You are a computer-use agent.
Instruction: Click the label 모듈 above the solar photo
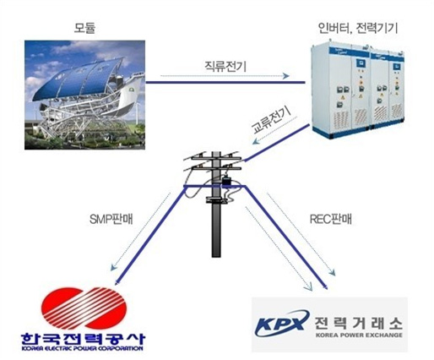(84, 28)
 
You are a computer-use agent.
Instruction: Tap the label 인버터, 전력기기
(357, 29)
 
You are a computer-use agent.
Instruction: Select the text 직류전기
(225, 67)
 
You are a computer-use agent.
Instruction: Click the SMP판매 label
(111, 220)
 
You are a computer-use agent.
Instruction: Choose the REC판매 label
(330, 219)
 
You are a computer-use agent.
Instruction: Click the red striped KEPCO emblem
(84, 308)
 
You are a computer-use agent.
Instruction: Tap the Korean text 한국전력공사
(83, 339)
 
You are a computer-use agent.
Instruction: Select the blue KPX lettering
(281, 324)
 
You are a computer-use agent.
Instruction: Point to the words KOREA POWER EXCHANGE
(359, 335)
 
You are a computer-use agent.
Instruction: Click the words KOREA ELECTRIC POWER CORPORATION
(82, 348)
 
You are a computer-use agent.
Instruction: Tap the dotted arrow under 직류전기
(225, 76)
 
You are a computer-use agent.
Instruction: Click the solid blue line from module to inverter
(225, 83)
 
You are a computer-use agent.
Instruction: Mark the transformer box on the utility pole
(226, 182)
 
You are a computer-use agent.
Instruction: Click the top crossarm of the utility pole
(216, 159)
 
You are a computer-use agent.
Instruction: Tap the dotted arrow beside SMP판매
(141, 232)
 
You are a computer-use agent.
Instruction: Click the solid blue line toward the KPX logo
(286, 237)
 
